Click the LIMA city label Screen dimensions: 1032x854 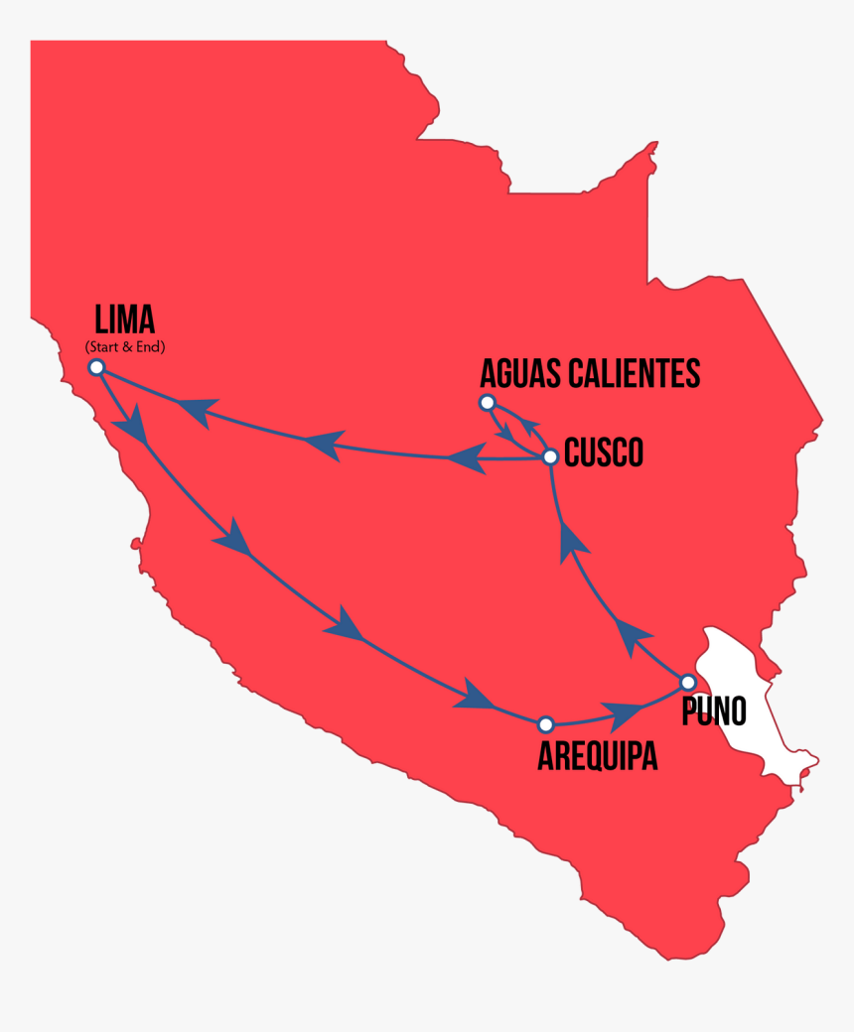coord(124,320)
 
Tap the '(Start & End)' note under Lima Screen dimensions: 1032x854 coord(124,346)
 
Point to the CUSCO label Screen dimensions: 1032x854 coord(603,453)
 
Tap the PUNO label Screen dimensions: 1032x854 coord(713,711)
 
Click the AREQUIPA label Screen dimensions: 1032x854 coord(597,756)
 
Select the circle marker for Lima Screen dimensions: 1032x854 coord(96,367)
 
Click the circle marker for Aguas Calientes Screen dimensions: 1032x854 coord(487,402)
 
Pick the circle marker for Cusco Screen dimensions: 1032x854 coord(550,456)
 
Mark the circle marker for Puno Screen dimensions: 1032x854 coord(687,682)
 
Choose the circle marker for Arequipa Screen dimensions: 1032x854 coord(544,724)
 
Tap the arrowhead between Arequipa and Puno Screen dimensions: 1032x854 coord(622,713)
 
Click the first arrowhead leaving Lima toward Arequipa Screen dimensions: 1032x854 coord(132,430)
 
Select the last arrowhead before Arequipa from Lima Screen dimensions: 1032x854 coord(474,695)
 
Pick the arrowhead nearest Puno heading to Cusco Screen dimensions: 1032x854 coord(633,636)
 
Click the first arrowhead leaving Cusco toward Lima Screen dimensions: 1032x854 coord(465,458)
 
